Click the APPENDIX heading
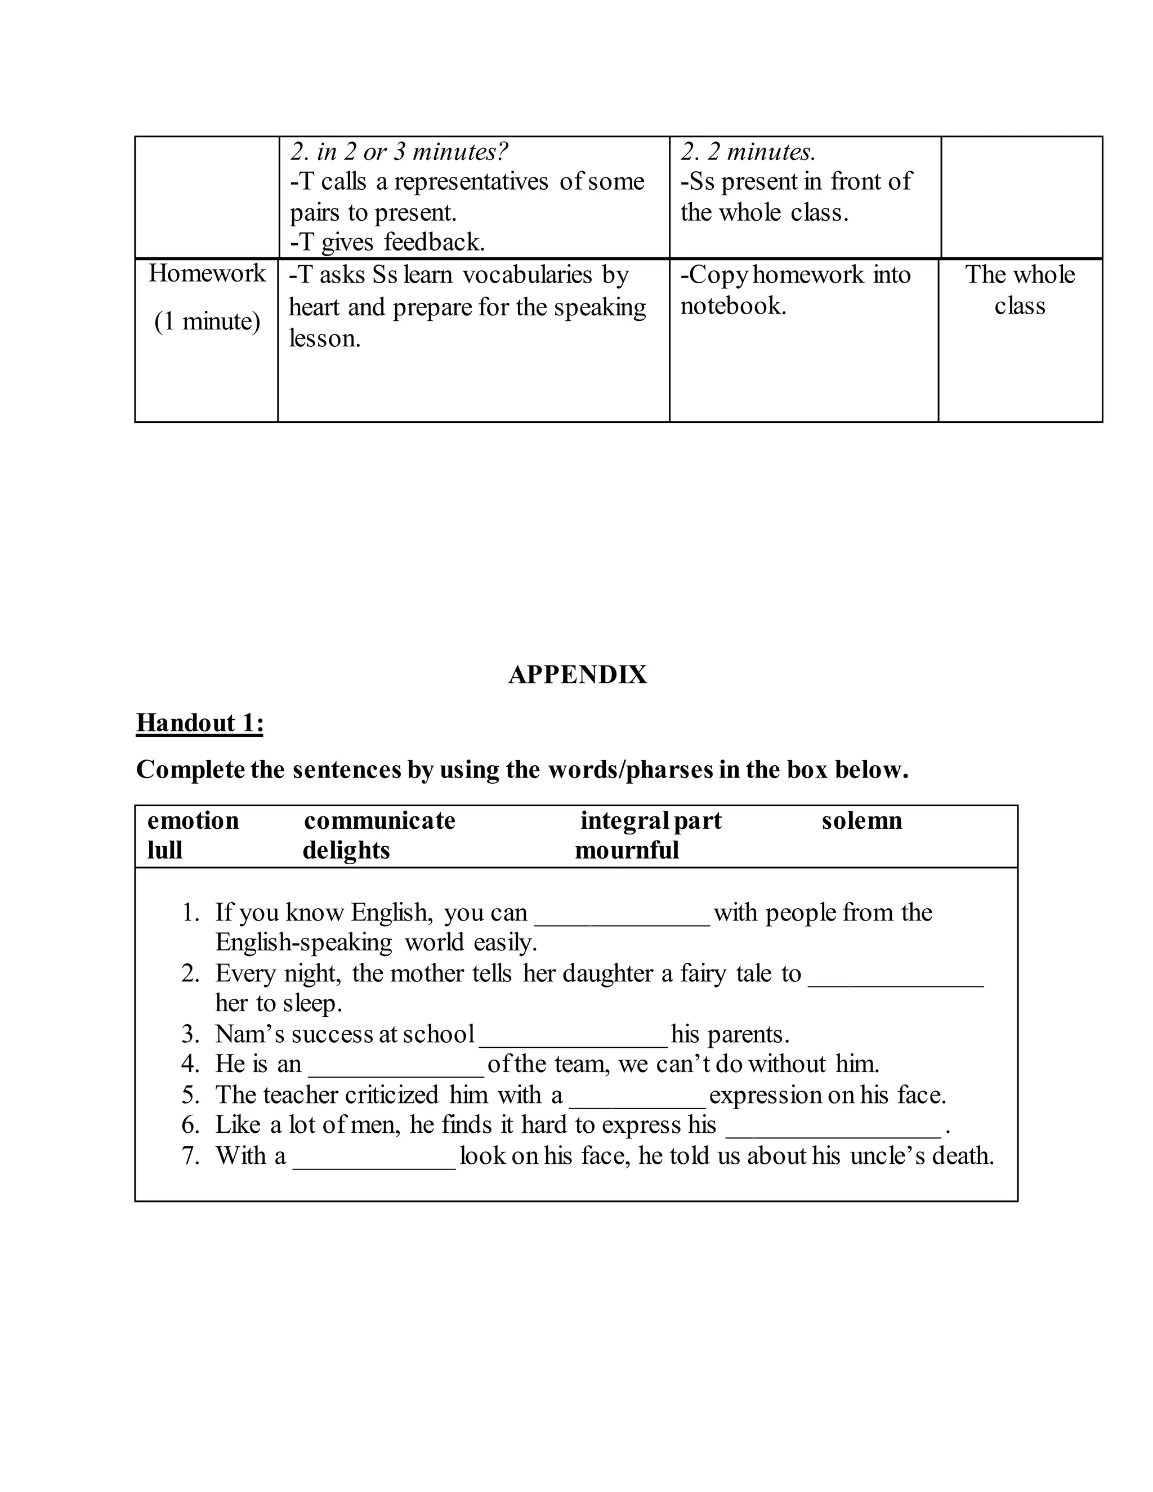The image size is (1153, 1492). pos(577,675)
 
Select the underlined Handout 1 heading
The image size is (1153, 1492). pos(199,723)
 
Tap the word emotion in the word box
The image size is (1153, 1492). pos(193,820)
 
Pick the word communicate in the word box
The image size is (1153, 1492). pos(379,820)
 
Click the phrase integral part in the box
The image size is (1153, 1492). pos(650,820)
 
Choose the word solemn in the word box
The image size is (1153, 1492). pos(861,820)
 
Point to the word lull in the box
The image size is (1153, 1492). pos(164,851)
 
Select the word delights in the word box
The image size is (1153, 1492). pos(346,851)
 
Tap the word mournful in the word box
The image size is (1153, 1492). pos(627,851)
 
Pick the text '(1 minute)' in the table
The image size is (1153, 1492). pos(207,321)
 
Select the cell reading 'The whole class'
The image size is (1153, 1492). pos(1019,289)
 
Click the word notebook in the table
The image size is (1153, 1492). pos(732,305)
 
